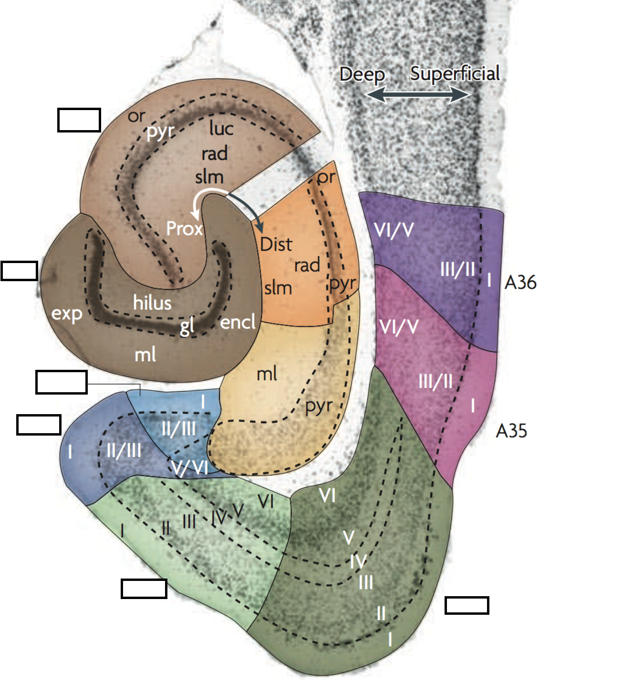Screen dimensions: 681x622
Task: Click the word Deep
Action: [362, 75]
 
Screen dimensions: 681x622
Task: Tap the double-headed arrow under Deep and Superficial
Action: [418, 95]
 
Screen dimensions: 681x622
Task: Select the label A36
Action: [520, 283]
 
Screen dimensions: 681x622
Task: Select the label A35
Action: [511, 431]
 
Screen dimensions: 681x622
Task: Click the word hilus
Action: [152, 303]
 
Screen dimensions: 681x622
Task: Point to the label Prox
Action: [184, 229]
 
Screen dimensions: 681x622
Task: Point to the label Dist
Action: [276, 244]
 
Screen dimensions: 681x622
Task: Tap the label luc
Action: [221, 128]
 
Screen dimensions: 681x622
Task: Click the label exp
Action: [67, 314]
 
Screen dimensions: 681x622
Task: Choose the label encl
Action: [238, 322]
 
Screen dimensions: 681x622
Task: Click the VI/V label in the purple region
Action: [394, 230]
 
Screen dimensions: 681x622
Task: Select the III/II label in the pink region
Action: [435, 381]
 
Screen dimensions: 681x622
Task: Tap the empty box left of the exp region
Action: [20, 271]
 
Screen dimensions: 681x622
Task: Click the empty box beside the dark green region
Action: [466, 605]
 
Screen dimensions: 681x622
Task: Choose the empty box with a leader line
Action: [62, 382]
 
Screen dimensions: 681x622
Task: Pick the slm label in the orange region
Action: [278, 288]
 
